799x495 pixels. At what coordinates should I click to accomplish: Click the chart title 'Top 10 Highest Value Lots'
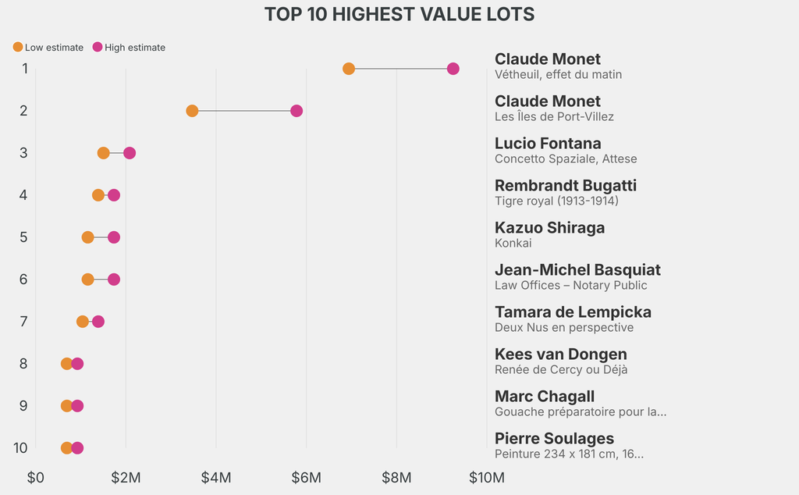click(399, 14)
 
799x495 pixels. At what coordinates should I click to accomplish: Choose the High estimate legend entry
click(129, 48)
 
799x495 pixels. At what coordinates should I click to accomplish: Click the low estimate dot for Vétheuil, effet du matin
click(349, 69)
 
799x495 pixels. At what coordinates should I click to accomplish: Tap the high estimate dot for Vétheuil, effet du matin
click(453, 69)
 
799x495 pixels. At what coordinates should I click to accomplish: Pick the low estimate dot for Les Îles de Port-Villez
click(192, 111)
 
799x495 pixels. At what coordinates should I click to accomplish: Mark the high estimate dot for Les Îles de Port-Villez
click(297, 111)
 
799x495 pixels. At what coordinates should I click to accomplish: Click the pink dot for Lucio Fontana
click(130, 153)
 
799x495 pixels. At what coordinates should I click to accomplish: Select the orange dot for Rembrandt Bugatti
click(98, 195)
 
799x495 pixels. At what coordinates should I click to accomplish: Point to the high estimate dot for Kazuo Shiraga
click(114, 237)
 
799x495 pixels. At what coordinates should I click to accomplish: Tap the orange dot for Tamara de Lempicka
click(83, 322)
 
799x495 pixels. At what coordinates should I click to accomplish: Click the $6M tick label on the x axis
click(307, 477)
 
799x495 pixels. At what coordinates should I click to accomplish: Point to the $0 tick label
click(36, 477)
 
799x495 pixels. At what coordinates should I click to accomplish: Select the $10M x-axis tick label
click(486, 477)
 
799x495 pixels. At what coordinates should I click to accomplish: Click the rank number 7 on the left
click(24, 322)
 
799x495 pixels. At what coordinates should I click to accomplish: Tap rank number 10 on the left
click(21, 448)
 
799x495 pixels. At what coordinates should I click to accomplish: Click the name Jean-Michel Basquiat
click(577, 270)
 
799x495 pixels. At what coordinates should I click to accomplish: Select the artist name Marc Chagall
click(545, 397)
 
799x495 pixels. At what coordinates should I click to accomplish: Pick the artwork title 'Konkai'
click(513, 244)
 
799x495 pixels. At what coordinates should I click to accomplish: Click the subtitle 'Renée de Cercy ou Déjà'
click(561, 370)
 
